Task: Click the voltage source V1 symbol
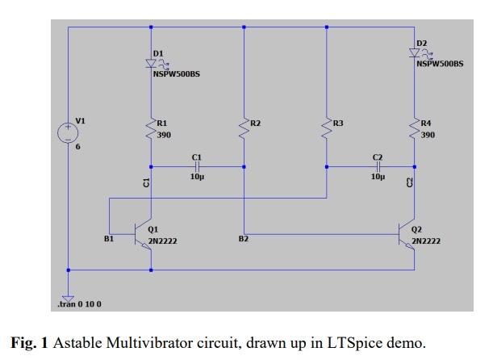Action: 68,133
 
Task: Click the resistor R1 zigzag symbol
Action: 151,129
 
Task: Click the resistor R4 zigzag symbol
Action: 415,129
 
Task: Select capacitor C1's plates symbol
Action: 197,166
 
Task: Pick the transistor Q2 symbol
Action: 408,234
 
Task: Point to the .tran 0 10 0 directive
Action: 79,303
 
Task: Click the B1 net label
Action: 109,239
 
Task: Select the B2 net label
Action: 244,239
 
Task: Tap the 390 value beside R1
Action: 164,135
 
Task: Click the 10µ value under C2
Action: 378,176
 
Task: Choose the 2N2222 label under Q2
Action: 426,241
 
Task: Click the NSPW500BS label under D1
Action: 176,74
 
